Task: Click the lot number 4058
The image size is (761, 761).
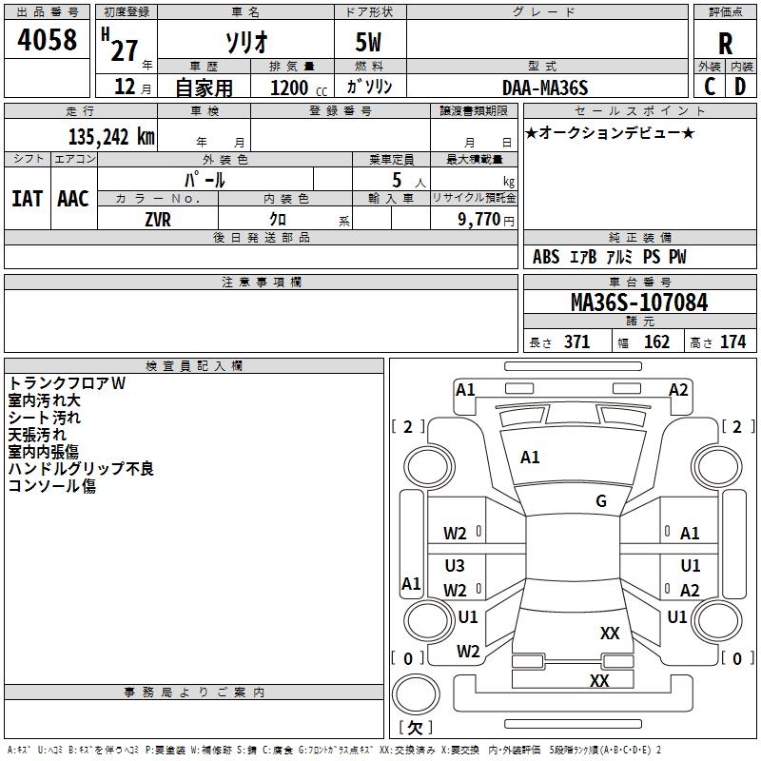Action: coord(47,40)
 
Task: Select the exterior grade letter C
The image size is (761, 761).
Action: coord(710,87)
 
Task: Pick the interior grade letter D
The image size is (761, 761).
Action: coord(740,87)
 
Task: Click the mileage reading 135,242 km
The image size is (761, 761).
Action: coord(111,136)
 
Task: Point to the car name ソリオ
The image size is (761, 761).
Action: coord(244,42)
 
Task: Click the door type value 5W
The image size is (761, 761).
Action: coord(369,43)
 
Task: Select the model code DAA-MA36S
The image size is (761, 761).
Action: coord(545,88)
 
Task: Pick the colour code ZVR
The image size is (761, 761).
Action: coord(158,218)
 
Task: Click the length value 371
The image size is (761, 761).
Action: coord(576,341)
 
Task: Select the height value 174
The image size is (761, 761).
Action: coord(732,341)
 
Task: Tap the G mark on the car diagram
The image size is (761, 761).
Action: coord(601,501)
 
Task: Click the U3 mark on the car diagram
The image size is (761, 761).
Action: coord(455,566)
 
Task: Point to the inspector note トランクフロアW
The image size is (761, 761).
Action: coord(68,383)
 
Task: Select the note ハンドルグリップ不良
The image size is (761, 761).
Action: coord(81,469)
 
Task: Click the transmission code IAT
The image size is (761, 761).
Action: coord(27,198)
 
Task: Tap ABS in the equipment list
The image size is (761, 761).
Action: coord(546,257)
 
